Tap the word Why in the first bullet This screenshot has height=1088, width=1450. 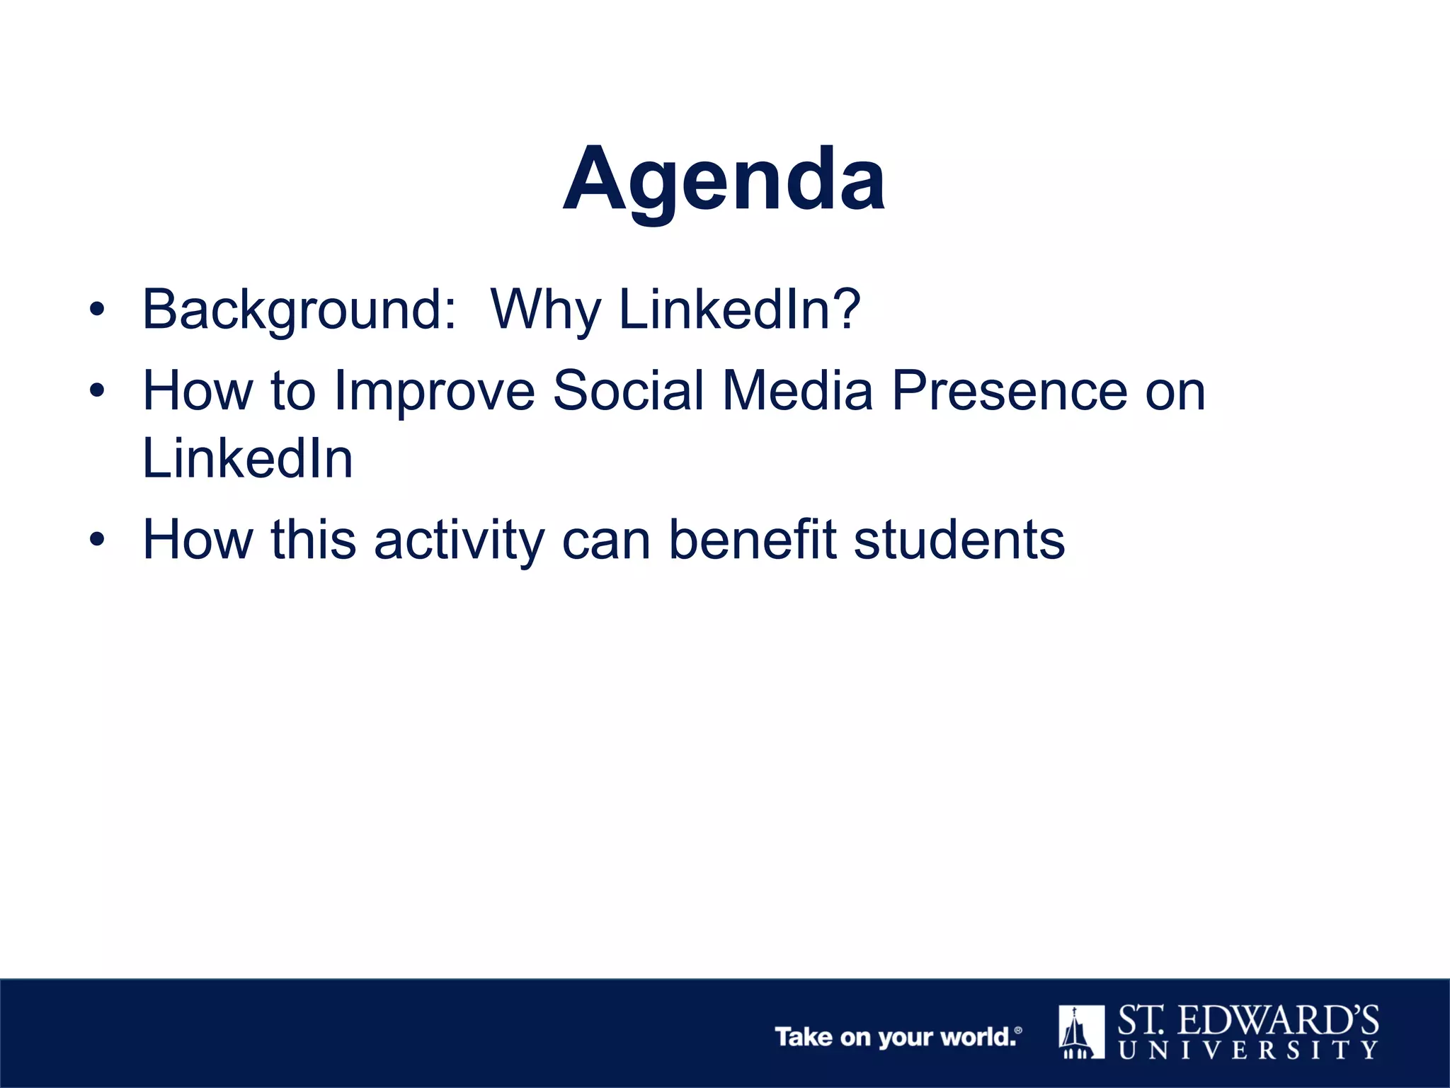[546, 310]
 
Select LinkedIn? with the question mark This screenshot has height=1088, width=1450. [739, 310]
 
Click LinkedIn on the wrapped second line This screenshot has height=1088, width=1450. [247, 458]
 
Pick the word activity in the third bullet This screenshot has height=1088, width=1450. [459, 540]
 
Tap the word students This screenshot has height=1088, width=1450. [959, 540]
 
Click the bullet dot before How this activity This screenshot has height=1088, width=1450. [97, 540]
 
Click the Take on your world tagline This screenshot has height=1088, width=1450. [897, 1037]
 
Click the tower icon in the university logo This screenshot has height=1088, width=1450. [1080, 1031]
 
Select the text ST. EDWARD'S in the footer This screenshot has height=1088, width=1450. [1248, 1021]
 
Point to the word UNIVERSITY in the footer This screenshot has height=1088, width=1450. [1248, 1050]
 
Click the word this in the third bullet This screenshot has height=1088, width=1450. [313, 540]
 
